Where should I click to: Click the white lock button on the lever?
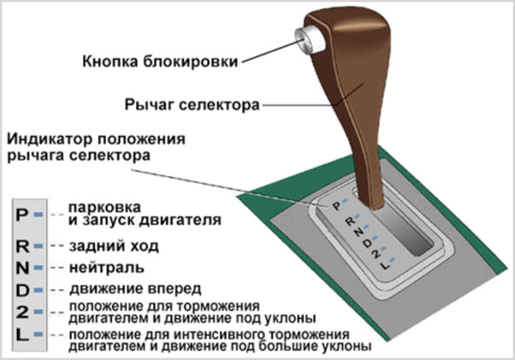(x=310, y=39)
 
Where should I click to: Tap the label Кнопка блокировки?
(x=160, y=62)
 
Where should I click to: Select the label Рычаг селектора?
(x=192, y=105)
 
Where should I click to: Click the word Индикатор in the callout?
(x=49, y=139)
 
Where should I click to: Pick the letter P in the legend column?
(x=21, y=216)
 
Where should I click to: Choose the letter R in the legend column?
(x=22, y=247)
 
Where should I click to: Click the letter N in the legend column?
(x=22, y=268)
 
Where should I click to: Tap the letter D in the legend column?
(x=22, y=290)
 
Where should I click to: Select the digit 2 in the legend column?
(x=22, y=311)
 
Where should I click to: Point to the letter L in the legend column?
(x=21, y=335)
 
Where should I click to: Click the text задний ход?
(x=113, y=246)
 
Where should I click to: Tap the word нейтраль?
(x=107, y=268)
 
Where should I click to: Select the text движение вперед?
(x=135, y=289)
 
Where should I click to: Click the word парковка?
(x=104, y=208)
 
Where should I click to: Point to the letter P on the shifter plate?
(x=337, y=206)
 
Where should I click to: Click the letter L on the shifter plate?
(x=386, y=265)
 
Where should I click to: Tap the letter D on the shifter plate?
(x=368, y=243)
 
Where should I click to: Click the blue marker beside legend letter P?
(x=38, y=215)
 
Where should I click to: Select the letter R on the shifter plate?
(x=350, y=222)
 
